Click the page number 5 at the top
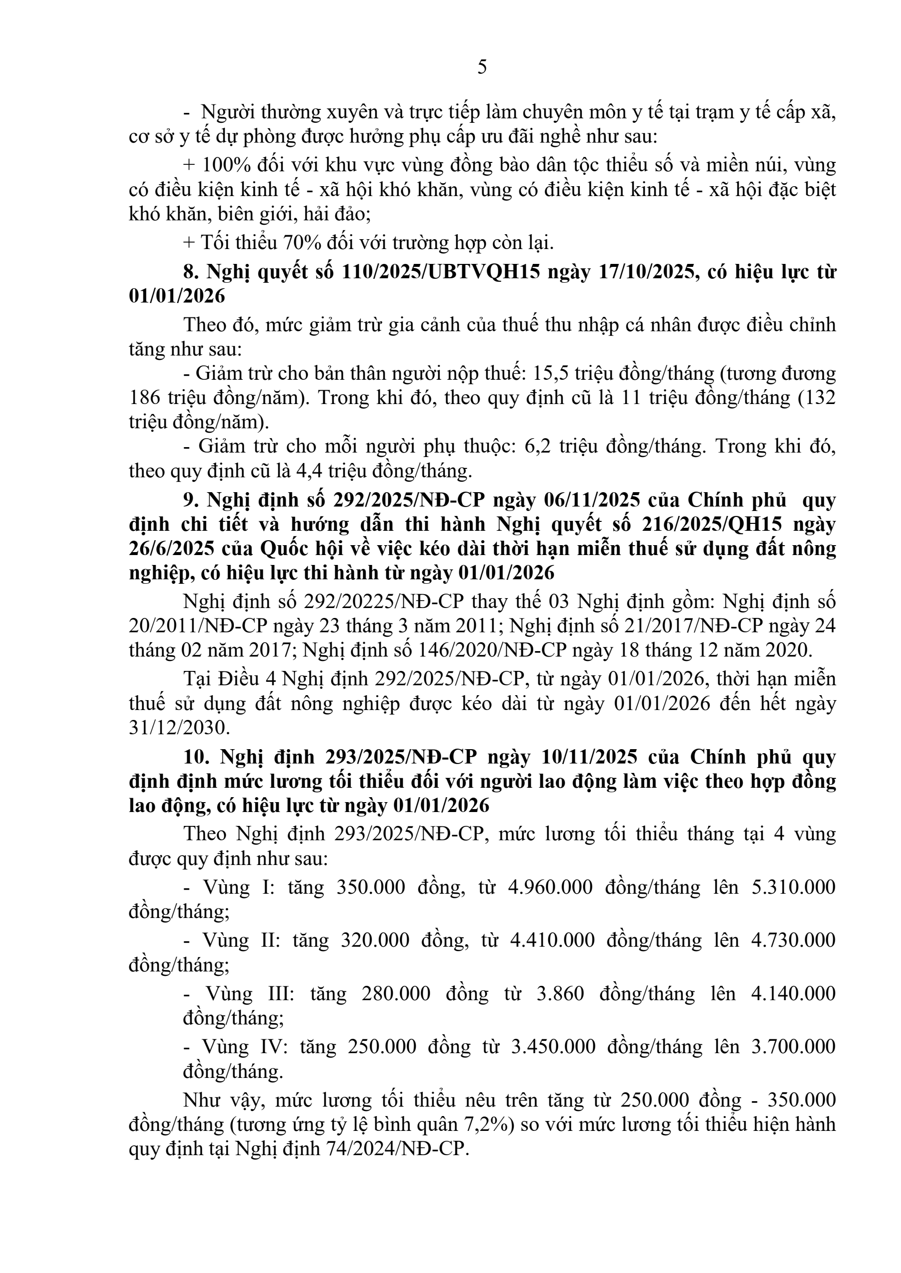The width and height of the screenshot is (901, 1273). coord(482,67)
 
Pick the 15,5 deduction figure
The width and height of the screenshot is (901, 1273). coord(550,373)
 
